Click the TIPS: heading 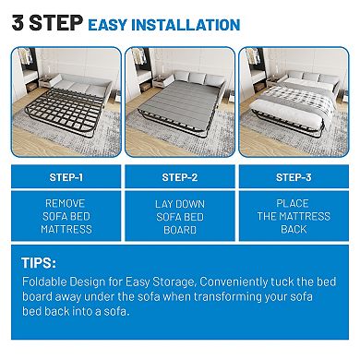42,263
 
